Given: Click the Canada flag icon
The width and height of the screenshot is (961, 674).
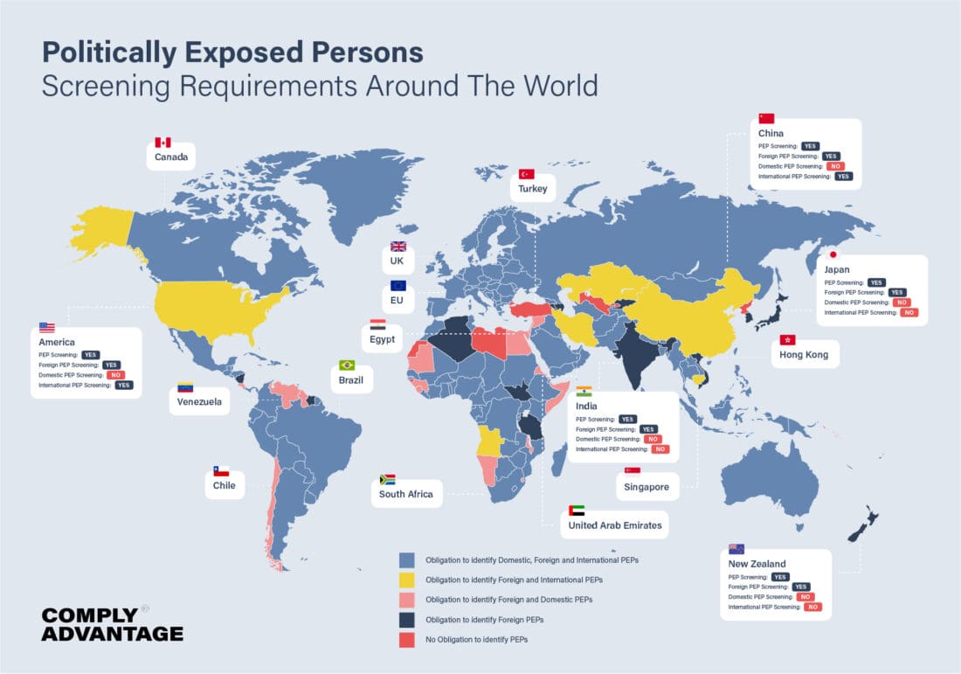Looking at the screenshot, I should coord(162,142).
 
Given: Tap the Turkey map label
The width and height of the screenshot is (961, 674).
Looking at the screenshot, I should coord(532,189).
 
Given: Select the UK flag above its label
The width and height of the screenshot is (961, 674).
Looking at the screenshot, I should coord(398,247).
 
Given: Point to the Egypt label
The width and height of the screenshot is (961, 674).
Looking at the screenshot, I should coord(382,339).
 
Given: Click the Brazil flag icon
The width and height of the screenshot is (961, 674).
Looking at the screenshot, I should coord(347,365).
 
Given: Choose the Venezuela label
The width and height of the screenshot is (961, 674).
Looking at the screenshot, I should coord(199,403).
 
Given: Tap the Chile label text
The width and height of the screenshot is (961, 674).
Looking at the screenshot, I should coord(224,485).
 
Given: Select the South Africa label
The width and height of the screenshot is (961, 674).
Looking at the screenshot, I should coord(405,494).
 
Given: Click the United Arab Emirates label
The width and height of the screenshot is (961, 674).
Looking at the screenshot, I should coord(615,525).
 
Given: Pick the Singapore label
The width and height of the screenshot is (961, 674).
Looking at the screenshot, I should coord(646,487).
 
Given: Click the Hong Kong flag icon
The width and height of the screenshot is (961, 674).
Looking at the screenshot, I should coord(787,339).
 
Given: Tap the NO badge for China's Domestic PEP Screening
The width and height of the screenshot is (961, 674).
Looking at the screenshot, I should coord(836,166).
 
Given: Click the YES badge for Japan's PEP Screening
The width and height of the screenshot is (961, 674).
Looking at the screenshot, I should coord(876,282).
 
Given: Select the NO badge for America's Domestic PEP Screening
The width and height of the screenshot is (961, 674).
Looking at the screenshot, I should coord(115,375).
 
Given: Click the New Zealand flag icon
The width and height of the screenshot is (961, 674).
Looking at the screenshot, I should coord(736,549).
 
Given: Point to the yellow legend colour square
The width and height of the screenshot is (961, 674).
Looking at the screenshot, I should coord(406,580).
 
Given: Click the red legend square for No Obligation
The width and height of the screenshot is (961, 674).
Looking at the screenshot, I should coord(406,640).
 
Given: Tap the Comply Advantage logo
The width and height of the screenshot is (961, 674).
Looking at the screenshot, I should coord(112,623).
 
